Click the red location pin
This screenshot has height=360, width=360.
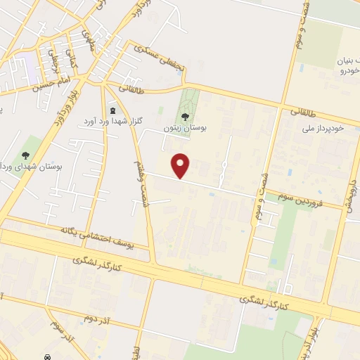pos(182,165)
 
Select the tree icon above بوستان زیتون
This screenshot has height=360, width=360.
pos(185,116)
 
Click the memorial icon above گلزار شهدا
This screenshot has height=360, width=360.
pos(114,110)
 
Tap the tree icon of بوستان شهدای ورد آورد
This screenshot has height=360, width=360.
pos(26,155)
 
